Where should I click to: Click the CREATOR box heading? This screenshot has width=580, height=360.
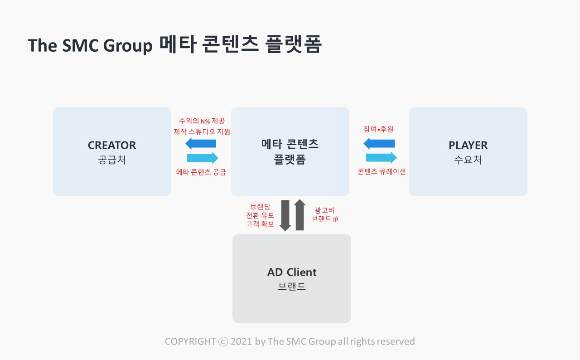(112, 145)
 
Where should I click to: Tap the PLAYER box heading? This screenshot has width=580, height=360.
(468, 145)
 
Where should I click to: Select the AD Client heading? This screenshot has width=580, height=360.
(292, 272)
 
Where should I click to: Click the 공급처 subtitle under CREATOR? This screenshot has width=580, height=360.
(112, 160)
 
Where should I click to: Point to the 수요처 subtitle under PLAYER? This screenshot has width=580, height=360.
(468, 160)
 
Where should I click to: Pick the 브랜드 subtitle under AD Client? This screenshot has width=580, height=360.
(292, 287)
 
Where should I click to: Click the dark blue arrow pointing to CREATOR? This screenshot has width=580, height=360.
(201, 143)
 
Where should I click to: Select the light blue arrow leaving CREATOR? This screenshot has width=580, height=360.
(203, 158)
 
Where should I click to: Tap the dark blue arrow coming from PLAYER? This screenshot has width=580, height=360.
(379, 143)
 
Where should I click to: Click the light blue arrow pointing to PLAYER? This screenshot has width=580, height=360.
(381, 158)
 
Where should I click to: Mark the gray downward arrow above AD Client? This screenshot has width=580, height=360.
(285, 215)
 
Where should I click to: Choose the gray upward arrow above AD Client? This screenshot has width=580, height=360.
(300, 215)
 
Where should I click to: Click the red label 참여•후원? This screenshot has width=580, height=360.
(378, 129)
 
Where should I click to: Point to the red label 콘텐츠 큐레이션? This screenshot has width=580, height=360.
(382, 171)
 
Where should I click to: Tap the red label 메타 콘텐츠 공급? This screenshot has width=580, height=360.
(201, 172)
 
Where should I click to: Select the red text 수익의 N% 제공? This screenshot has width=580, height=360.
(202, 121)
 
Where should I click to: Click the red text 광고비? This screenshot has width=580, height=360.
(324, 210)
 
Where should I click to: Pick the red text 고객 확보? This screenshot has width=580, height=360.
(260, 224)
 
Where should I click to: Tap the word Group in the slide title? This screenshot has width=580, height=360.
(128, 46)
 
